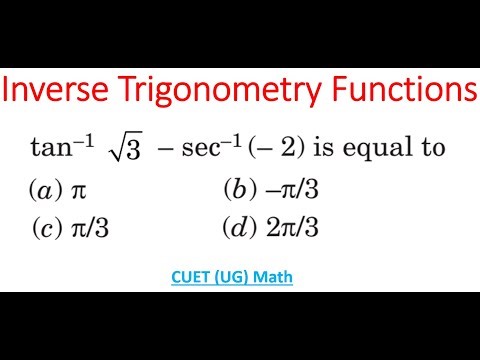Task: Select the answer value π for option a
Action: point(80,190)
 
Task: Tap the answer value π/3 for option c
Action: point(90,228)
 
